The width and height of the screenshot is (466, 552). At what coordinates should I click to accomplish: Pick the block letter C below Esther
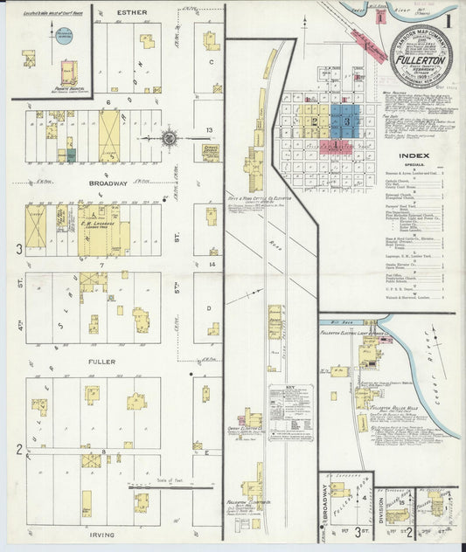click(x=211, y=62)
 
